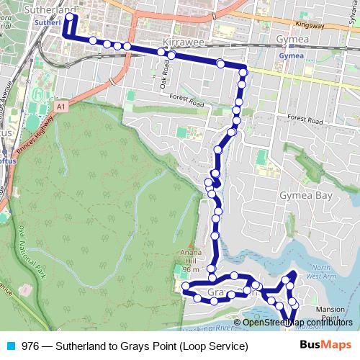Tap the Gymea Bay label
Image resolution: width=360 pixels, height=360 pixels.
pyautogui.click(x=305, y=196)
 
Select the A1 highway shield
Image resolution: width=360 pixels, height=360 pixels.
pyautogui.click(x=60, y=106)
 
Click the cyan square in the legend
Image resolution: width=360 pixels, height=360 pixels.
pyautogui.click(x=9, y=346)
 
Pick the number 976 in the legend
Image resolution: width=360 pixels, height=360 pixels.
pyautogui.click(x=31, y=346)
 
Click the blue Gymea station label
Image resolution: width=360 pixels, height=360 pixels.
pyautogui.click(x=290, y=55)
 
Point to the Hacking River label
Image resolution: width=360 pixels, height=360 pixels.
pyautogui.click(x=210, y=328)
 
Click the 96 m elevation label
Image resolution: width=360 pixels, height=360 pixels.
pyautogui.click(x=190, y=269)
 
